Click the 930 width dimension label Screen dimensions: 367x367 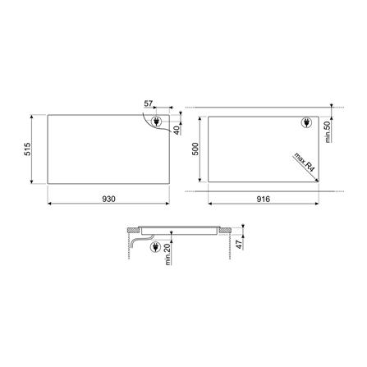point(108,199)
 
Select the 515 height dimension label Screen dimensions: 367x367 point(28,149)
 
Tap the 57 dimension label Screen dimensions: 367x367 point(149,103)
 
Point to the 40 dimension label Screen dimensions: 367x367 point(177,130)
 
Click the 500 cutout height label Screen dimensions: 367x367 point(195,149)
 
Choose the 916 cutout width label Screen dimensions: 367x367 point(264,199)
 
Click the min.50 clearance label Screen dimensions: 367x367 point(328,131)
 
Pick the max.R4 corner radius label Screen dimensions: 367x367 point(305,163)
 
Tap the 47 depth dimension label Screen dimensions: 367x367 point(240,245)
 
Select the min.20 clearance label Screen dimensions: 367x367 point(167,255)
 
